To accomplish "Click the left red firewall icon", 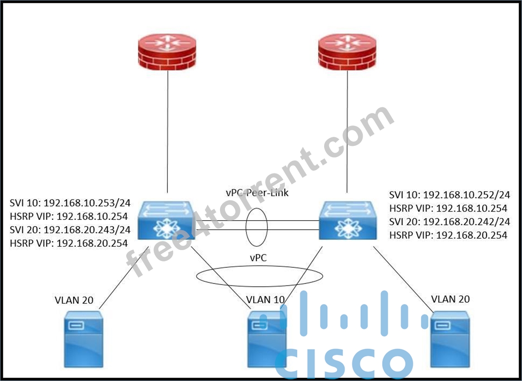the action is (167, 52).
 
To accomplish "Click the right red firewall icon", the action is (347, 52).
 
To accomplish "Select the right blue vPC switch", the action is (348, 220).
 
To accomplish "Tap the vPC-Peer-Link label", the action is (257, 193).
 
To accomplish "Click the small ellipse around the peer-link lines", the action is (246, 227).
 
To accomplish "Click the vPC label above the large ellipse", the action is (259, 257).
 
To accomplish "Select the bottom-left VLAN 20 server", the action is (84, 339).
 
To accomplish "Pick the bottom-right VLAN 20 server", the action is (450, 339).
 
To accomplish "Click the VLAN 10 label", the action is (265, 300).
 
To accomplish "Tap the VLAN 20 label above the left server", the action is (74, 300).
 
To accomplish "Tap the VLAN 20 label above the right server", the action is (450, 299).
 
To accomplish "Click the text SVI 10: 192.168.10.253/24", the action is (70, 203).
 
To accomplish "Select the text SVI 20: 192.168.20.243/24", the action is (70, 230).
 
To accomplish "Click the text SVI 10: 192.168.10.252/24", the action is (450, 194).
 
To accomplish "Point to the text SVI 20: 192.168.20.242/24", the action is (450, 222).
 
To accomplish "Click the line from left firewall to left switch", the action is (168, 132).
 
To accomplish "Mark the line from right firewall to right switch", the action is (347, 132).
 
